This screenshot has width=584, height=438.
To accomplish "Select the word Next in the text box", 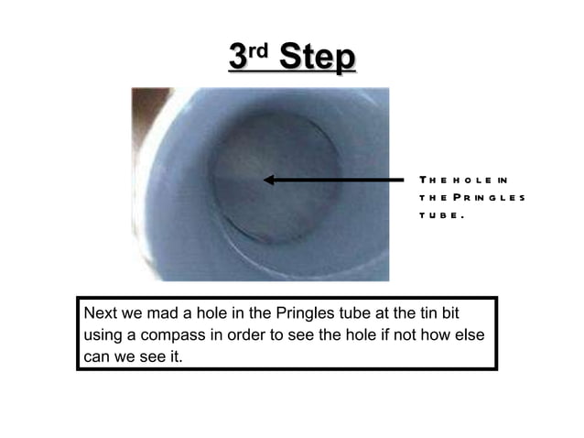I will click(x=100, y=314).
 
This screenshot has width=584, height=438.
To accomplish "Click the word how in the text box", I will click(x=446, y=334).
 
